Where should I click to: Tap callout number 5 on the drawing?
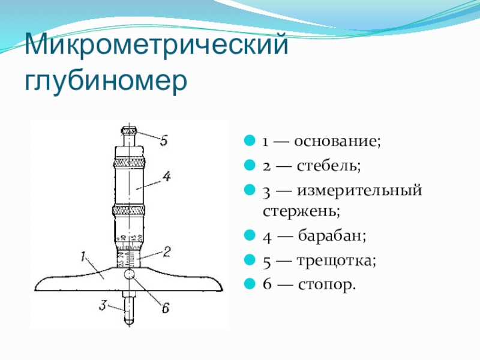[x=164, y=140]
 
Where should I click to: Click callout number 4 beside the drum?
[x=167, y=176]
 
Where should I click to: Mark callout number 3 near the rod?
[x=103, y=305]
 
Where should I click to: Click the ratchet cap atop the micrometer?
[x=129, y=130]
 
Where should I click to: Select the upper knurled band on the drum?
[x=129, y=163]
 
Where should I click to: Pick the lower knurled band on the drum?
[x=129, y=210]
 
